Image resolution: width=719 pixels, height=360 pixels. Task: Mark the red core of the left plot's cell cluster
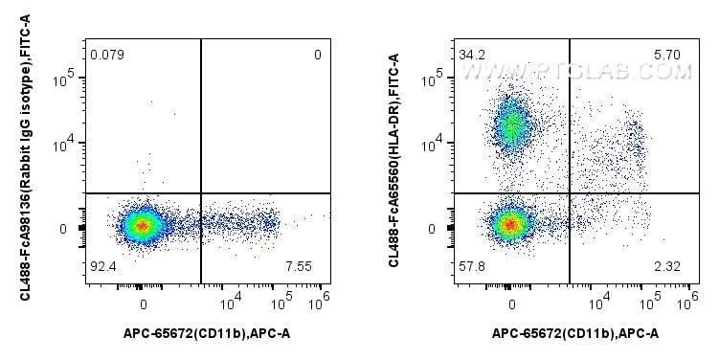[143, 226]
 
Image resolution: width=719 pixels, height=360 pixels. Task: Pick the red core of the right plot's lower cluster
[510, 225]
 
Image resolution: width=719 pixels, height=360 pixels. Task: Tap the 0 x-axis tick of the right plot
[512, 304]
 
